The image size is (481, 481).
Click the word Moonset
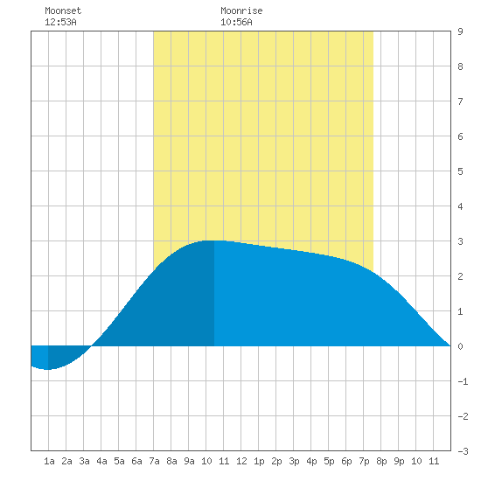coord(63,10)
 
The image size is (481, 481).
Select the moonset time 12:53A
coord(60,22)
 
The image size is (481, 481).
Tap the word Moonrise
coord(241,10)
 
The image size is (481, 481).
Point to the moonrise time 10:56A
coord(236,22)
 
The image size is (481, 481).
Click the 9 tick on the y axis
coord(460,31)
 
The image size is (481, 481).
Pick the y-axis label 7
coord(460,101)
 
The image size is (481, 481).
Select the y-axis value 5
coord(460,171)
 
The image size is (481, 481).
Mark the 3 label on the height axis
coord(460,241)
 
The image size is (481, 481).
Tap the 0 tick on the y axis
coord(460,346)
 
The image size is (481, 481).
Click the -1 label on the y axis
coord(463,381)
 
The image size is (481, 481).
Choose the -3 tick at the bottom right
coord(463,451)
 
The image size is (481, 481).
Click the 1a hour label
coord(49,461)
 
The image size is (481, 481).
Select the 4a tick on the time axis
coord(101,461)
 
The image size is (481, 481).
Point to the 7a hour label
coord(154,461)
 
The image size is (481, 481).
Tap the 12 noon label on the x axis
coord(241,461)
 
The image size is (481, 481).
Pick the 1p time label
coord(259,461)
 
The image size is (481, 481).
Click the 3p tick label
coord(294,461)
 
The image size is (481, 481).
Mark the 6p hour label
coord(346,461)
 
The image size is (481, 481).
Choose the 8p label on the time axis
coord(381,461)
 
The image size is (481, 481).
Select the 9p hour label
coord(399,461)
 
